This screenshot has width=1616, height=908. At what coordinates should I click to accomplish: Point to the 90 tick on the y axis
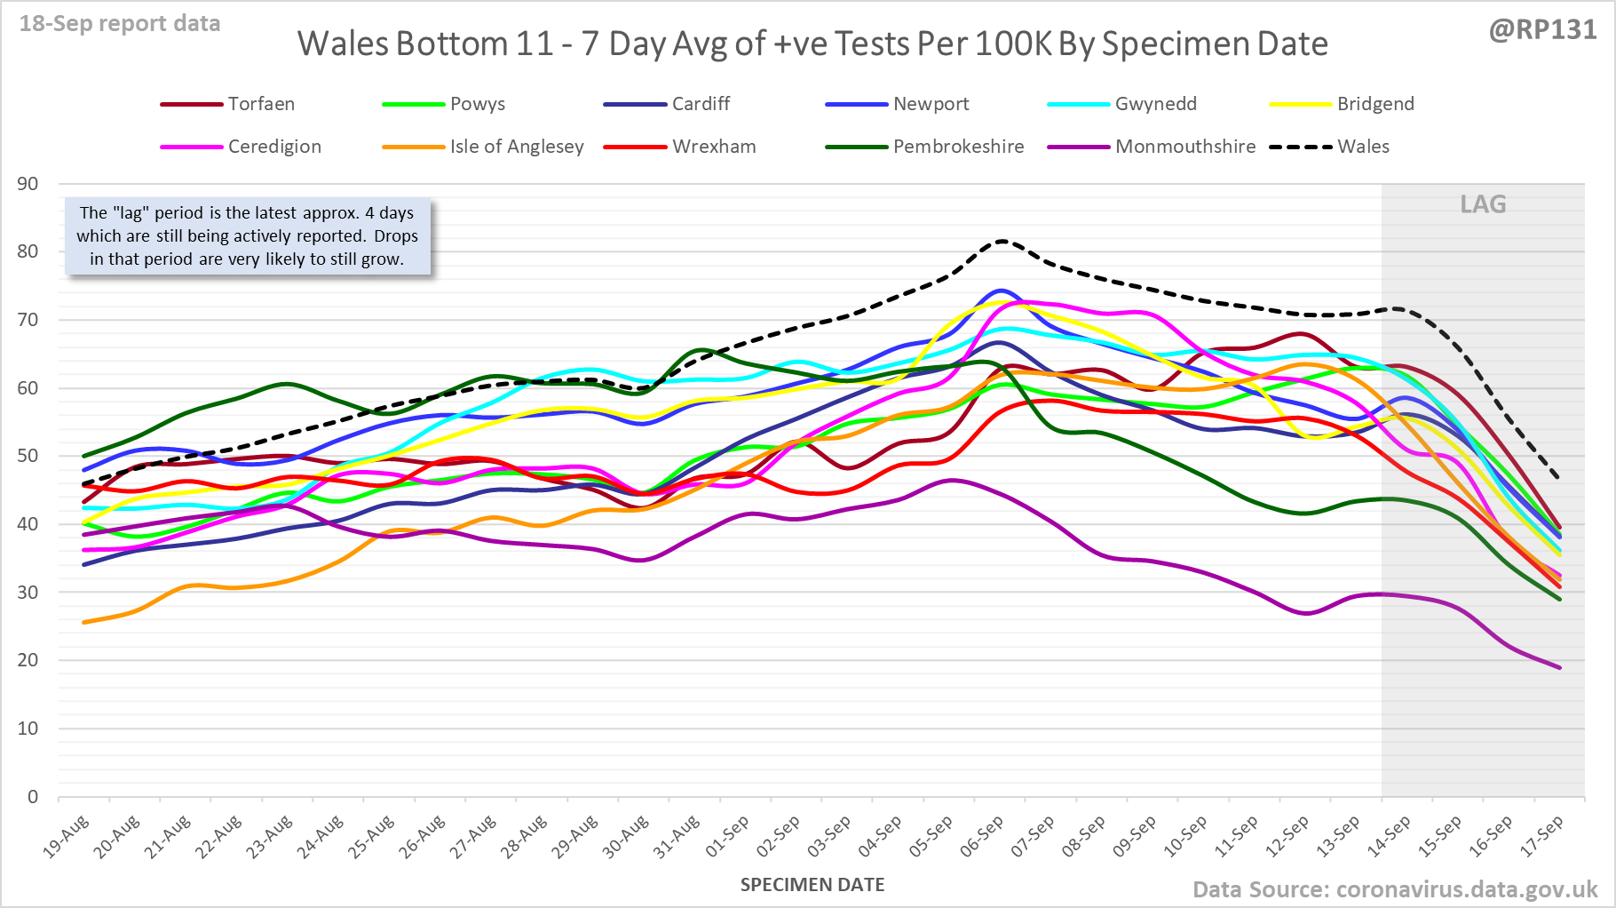point(28,184)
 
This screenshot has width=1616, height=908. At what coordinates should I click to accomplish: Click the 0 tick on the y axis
point(33,796)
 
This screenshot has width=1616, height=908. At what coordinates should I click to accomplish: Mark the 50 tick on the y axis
point(28,456)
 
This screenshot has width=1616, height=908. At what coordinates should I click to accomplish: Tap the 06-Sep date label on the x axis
point(982,837)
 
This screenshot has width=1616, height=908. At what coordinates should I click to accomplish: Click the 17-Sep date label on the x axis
point(1543,837)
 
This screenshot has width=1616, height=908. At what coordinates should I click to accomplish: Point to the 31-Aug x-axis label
point(677,837)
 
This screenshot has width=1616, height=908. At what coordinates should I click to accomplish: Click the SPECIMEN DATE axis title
point(812,885)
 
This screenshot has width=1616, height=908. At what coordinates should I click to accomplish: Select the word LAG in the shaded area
point(1483,204)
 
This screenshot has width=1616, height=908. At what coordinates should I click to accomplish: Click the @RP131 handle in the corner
point(1542,30)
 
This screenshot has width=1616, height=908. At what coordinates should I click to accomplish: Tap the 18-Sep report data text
point(120,24)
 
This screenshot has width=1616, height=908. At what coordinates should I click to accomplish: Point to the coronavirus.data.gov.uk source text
point(1466,889)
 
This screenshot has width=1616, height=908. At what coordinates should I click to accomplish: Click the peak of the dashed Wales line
point(1002,240)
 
